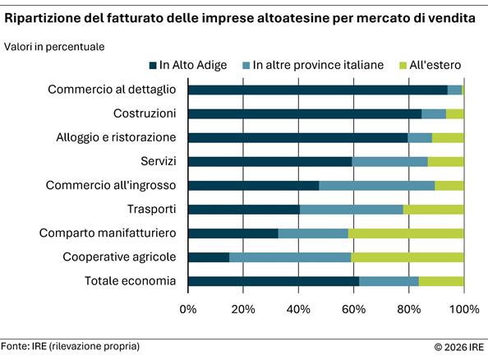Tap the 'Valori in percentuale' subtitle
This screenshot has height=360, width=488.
click(x=54, y=47)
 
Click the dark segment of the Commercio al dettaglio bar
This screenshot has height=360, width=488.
click(x=317, y=90)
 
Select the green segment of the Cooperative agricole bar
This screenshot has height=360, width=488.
click(x=407, y=257)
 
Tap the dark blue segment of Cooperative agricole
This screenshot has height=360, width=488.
click(x=209, y=257)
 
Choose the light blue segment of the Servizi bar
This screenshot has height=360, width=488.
click(x=390, y=161)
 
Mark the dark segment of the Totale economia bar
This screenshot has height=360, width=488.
click(x=274, y=281)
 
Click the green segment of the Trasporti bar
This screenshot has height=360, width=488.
click(x=434, y=210)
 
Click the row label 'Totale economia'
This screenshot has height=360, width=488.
click(x=131, y=281)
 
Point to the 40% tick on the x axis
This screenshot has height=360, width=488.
click(x=298, y=310)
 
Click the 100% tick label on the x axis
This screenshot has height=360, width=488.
click(x=464, y=310)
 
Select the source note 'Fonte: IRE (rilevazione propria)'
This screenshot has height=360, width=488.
click(x=70, y=346)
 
